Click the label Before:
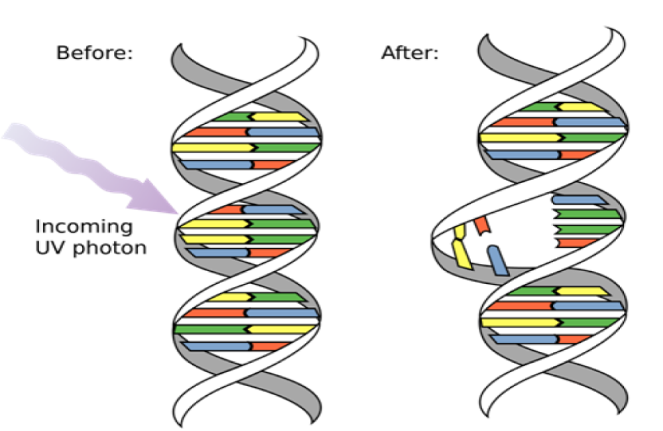[x=95, y=53]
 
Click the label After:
[x=410, y=53]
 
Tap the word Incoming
[x=84, y=226]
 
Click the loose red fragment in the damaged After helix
[x=481, y=225]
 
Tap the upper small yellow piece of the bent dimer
[x=458, y=233]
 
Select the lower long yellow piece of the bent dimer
[x=462, y=255]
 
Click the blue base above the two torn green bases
[x=578, y=200]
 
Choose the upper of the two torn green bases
[x=587, y=214]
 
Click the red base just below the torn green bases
[x=577, y=243]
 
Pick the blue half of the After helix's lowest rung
[x=524, y=339]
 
